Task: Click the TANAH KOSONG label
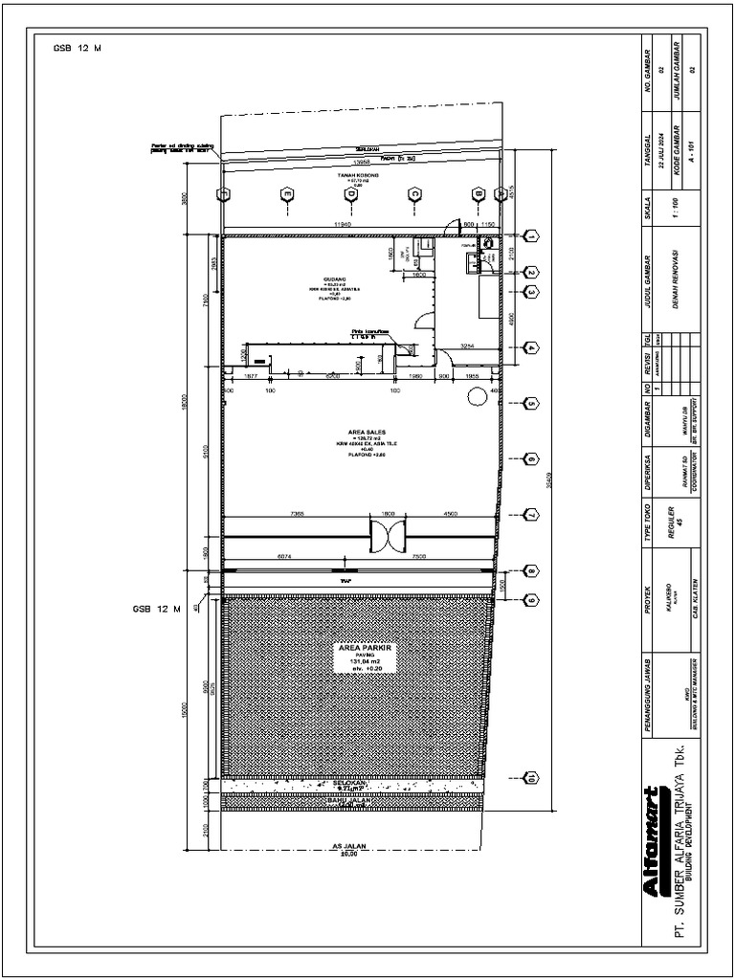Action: (353, 176)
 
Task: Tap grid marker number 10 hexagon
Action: (531, 777)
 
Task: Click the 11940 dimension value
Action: (333, 223)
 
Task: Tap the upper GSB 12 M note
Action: (77, 48)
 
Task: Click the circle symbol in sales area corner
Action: (477, 401)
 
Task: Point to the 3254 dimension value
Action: (468, 345)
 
